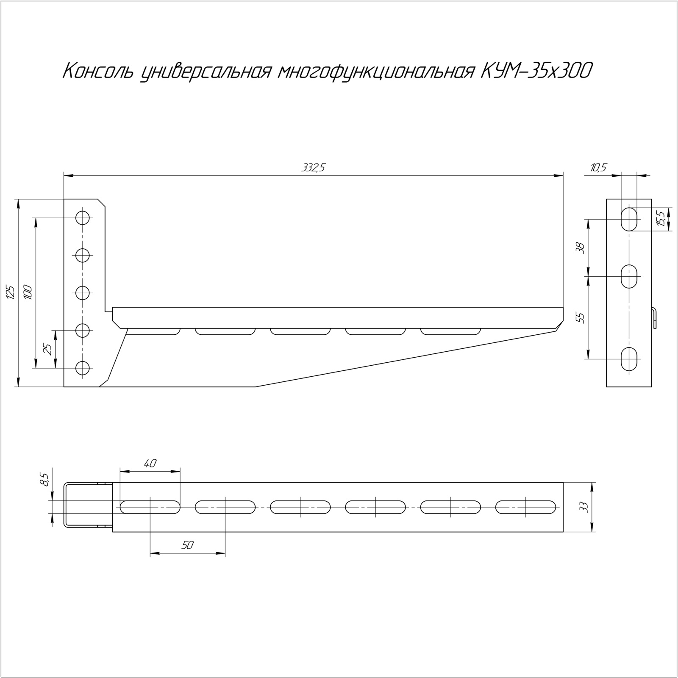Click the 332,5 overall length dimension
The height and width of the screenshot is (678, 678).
point(313,168)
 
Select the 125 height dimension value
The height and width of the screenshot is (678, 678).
point(11,292)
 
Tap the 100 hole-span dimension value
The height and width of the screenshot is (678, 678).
point(28,292)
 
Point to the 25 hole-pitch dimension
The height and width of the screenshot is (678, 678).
point(48,349)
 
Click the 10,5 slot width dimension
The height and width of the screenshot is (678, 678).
point(598,168)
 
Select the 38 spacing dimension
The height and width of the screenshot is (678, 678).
point(581,248)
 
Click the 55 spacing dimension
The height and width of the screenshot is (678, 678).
point(581,318)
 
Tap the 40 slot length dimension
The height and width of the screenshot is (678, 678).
point(150,463)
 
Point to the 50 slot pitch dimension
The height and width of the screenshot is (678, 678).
point(187,545)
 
